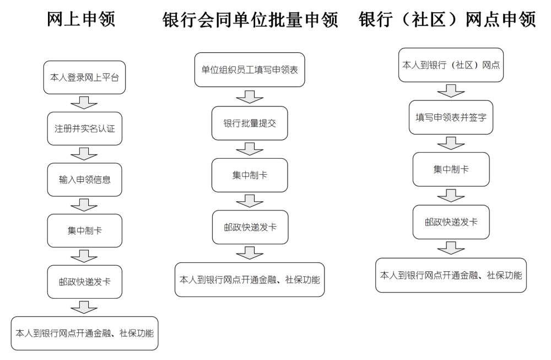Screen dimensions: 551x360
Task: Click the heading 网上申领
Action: click(81, 19)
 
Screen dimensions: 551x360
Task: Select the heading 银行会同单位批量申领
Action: click(250, 20)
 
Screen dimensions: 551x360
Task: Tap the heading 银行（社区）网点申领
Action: click(447, 19)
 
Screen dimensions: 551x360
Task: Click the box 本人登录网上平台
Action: click(84, 77)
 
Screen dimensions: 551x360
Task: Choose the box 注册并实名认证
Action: click(85, 128)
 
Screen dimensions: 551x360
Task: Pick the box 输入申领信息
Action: click(85, 180)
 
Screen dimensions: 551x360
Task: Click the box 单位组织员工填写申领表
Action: click(250, 69)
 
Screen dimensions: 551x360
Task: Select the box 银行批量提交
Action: click(250, 123)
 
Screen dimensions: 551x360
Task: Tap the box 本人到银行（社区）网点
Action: click(451, 65)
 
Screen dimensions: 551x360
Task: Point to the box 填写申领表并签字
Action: click(451, 117)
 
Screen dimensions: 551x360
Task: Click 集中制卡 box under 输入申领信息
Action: click(85, 230)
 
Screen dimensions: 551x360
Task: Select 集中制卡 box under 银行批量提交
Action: click(250, 175)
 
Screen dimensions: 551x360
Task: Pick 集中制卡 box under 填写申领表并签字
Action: click(451, 169)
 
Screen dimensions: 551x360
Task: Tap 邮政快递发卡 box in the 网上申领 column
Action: click(85, 282)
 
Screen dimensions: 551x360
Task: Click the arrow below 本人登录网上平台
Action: click(84, 103)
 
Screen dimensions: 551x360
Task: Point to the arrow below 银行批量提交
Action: click(250, 149)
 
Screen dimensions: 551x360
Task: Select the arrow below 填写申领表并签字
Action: click(451, 143)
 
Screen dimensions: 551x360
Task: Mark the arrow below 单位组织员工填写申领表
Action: click(250, 96)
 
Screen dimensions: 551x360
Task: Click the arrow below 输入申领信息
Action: click(84, 205)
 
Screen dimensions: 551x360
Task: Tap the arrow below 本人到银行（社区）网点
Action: click(451, 91)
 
